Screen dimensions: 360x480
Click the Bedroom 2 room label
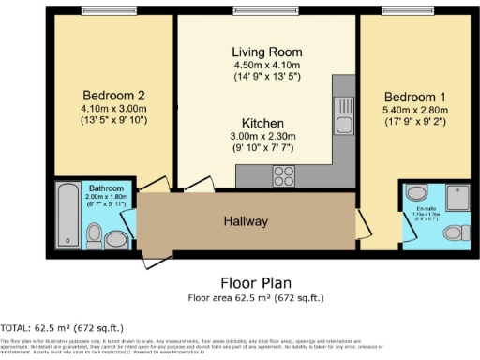(112, 95)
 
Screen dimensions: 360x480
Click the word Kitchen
(263, 124)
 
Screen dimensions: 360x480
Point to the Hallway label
(246, 221)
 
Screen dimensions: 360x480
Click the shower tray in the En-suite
(415, 193)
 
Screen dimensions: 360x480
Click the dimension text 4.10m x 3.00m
(112, 108)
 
